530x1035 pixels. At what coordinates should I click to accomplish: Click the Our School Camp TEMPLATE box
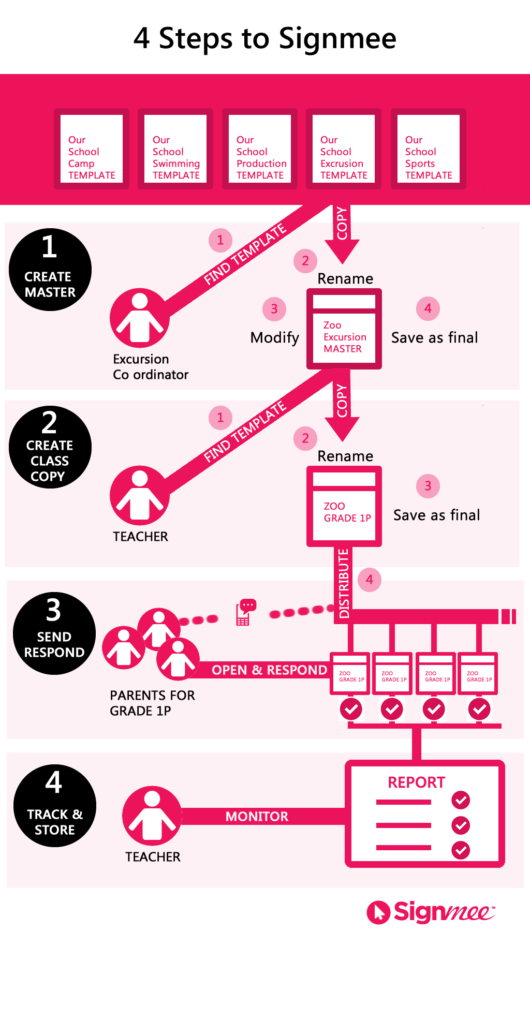(92, 149)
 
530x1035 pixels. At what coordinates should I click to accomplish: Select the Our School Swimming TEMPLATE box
(175, 149)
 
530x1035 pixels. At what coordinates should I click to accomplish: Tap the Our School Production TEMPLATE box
(260, 149)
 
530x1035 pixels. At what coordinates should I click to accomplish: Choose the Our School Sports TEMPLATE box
(429, 149)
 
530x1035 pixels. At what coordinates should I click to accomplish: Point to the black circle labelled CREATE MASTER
(50, 270)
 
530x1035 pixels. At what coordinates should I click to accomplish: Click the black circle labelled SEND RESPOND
(54, 633)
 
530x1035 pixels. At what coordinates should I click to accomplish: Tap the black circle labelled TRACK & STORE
(55, 806)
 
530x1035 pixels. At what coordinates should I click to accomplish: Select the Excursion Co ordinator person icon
(140, 318)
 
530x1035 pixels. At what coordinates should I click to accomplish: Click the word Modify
(274, 338)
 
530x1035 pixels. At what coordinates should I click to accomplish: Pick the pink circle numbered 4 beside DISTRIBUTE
(370, 580)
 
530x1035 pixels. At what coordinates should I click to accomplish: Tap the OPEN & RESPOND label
(269, 670)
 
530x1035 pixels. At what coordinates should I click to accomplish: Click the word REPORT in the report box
(416, 782)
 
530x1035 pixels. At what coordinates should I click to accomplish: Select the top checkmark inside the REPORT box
(461, 800)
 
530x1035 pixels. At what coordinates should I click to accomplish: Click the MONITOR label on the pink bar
(257, 817)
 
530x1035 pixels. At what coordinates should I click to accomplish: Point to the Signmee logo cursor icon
(378, 912)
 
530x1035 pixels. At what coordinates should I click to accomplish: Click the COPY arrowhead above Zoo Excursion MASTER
(342, 252)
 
